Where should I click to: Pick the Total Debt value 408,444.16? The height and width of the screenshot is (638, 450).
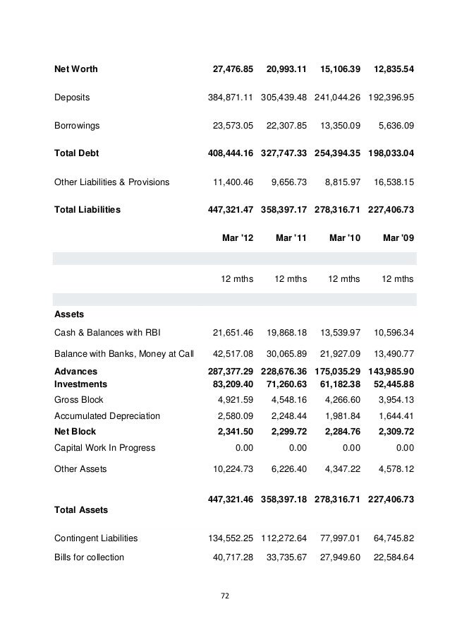(228, 154)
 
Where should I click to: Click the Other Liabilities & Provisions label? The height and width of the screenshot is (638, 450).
(111, 182)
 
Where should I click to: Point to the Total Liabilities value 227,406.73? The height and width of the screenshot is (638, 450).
(391, 210)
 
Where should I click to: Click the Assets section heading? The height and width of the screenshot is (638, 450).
(68, 314)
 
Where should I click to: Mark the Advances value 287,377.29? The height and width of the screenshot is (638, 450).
(228, 371)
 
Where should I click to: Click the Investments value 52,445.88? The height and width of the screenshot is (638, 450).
(391, 384)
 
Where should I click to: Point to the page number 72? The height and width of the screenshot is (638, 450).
(225, 596)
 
